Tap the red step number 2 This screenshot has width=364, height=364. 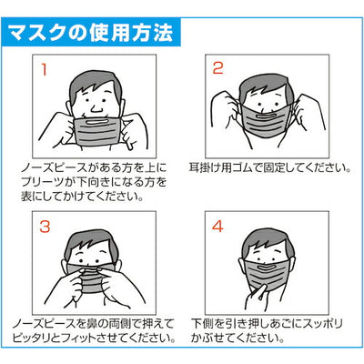218,68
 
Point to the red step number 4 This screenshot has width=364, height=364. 218,224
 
